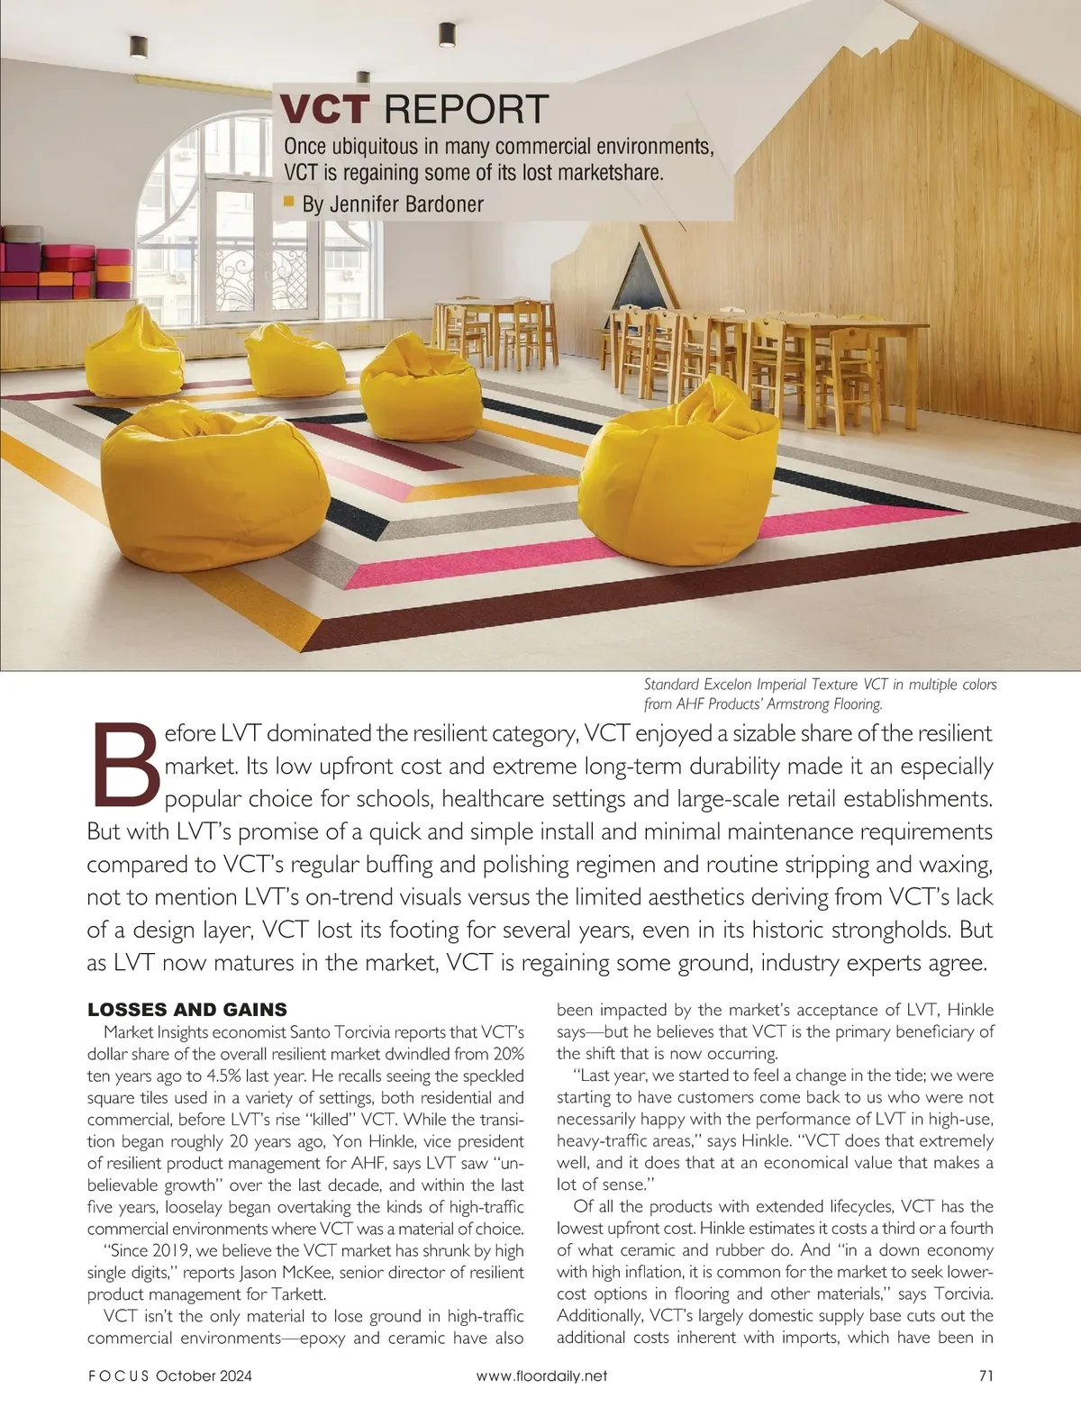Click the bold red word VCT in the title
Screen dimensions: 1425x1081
324,109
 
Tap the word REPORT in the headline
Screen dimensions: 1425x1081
465,109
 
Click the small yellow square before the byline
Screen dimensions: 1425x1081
289,201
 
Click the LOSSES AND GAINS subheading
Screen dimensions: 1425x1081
187,1010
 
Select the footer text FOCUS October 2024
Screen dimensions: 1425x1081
169,1375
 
